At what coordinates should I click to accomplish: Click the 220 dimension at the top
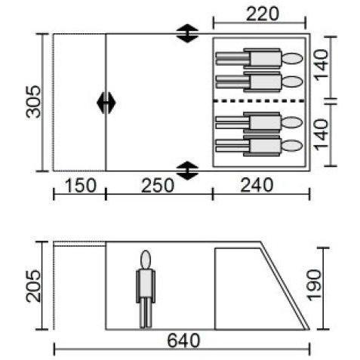(x=263, y=14)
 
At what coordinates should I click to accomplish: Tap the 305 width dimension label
(x=33, y=102)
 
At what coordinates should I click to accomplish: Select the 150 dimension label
(x=81, y=186)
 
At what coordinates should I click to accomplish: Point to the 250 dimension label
(x=158, y=186)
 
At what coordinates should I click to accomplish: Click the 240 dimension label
(x=257, y=185)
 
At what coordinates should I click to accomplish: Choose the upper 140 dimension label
(x=322, y=65)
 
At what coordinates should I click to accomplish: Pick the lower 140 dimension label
(x=322, y=134)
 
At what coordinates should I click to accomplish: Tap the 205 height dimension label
(x=33, y=285)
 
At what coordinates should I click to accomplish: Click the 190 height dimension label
(x=315, y=285)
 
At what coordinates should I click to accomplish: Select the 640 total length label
(x=183, y=340)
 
